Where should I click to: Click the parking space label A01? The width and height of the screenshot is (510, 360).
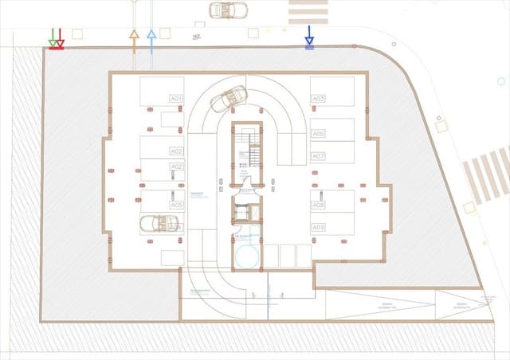(x=176, y=99)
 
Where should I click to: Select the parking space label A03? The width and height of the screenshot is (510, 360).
(x=318, y=99)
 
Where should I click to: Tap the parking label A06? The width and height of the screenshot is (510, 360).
(x=318, y=134)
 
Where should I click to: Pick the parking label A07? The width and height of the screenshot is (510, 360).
(x=318, y=156)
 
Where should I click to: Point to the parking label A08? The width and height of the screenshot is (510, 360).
(x=318, y=205)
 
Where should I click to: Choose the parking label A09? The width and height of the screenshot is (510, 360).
(x=318, y=227)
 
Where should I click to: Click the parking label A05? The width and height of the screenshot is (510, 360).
(x=176, y=205)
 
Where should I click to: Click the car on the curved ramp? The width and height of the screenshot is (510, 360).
(x=226, y=100)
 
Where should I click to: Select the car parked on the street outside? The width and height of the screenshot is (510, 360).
(x=228, y=10)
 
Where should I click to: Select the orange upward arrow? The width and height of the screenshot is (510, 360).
(x=134, y=36)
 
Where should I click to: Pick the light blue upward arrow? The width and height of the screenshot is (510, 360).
(x=151, y=36)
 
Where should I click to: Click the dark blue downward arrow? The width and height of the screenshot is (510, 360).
(x=309, y=37)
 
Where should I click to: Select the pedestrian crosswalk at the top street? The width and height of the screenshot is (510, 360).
(x=308, y=11)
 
